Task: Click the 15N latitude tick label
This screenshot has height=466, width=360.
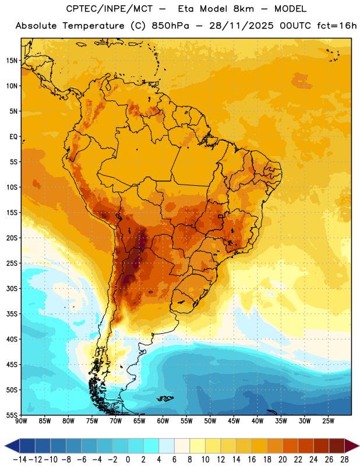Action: [x=12, y=61]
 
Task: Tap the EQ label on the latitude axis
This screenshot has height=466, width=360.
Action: [x=13, y=137]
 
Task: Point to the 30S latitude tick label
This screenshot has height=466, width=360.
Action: [x=12, y=288]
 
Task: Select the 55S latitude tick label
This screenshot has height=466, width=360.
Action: [x=12, y=415]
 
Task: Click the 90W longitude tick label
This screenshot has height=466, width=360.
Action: [x=22, y=421]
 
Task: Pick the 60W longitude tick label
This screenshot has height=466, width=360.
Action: [x=163, y=421]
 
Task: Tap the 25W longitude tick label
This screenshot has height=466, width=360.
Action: [x=328, y=421]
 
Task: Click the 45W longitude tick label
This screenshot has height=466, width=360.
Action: [x=234, y=421]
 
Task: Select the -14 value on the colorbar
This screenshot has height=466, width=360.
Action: [x=20, y=460]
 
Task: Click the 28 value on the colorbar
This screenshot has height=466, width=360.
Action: [x=344, y=460]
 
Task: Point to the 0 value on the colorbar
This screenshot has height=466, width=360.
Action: [x=128, y=460]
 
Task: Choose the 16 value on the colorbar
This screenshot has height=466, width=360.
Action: [x=252, y=460]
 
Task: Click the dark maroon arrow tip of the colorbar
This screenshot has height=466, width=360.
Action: [x=356, y=446]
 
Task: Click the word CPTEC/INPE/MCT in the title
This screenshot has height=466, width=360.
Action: [x=109, y=9]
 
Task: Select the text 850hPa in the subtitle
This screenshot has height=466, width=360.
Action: [x=170, y=26]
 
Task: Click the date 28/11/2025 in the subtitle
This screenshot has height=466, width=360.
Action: [x=241, y=26]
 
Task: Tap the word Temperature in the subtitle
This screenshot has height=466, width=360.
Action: [x=93, y=26]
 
